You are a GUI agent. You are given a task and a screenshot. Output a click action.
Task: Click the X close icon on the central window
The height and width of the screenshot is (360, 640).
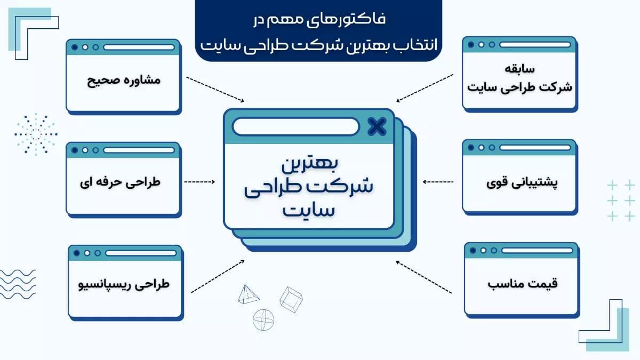tap(377, 126)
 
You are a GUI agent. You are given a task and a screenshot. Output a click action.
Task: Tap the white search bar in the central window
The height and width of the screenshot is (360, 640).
tap(295, 126)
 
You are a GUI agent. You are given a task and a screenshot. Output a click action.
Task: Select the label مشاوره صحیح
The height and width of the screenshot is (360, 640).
tap(123, 81)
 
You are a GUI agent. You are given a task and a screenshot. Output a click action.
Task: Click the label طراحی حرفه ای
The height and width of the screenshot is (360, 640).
tap(120, 182)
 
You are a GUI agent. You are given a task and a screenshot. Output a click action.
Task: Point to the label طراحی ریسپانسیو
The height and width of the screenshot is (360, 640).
tap(124, 285)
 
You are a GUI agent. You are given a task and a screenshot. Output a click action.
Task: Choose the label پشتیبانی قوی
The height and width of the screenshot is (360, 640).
tap(522, 183)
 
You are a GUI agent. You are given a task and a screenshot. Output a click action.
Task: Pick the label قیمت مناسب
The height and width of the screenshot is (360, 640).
tap(523, 284)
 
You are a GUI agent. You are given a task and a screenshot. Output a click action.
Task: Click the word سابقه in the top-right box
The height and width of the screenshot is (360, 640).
tap(519, 69)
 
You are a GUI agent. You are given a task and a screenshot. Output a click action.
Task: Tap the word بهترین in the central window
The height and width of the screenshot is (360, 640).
tap(310, 164)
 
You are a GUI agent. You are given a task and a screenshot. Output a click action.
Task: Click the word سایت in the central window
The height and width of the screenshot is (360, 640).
tap(309, 210)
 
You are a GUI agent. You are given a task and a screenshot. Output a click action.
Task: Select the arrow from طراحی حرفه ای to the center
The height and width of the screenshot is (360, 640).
tap(199, 182)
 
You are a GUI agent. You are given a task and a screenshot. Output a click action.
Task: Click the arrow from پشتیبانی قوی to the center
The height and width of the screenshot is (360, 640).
tap(438, 182)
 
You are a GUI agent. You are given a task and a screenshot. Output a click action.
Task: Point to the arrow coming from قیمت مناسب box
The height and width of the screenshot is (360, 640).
tap(423, 277)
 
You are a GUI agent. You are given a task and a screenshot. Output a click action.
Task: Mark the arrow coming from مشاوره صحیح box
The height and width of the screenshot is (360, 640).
tap(215, 90)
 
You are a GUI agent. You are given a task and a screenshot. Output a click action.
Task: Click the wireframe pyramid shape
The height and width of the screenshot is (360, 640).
tap(249, 294)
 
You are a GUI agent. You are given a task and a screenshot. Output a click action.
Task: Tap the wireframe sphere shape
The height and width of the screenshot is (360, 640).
tap(263, 320)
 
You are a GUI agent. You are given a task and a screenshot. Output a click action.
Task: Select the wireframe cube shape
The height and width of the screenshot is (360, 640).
tap(291, 300)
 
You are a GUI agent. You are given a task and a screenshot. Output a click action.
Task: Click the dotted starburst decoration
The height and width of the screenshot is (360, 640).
tap(36, 134)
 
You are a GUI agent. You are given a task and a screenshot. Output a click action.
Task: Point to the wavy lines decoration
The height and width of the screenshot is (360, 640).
tap(18, 284)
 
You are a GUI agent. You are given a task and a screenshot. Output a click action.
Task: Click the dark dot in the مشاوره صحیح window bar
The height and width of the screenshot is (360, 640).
tap(75, 47)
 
